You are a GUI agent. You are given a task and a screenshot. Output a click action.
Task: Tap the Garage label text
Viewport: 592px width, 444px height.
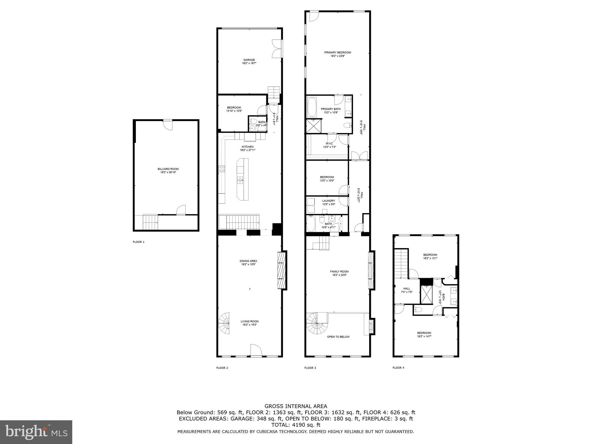pyautogui.click(x=249, y=61)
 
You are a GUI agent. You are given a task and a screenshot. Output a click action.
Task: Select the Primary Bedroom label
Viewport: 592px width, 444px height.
pyautogui.click(x=337, y=54)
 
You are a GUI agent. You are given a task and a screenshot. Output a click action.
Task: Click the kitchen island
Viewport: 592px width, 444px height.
pyautogui.click(x=242, y=179)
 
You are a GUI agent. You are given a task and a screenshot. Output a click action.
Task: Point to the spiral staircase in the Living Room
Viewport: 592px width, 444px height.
pyautogui.click(x=224, y=323)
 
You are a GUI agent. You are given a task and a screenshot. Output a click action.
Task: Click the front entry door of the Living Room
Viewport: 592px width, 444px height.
pyautogui.click(x=256, y=350)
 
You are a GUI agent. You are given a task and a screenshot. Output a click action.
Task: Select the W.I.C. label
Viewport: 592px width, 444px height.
pyautogui.click(x=329, y=145)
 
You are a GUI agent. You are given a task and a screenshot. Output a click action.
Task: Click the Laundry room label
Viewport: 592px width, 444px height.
pyautogui.click(x=328, y=202)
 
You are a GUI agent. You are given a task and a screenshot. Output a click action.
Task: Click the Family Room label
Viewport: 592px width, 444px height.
pyautogui.click(x=339, y=273)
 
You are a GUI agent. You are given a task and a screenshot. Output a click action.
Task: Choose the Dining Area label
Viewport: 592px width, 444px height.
pyautogui.click(x=248, y=262)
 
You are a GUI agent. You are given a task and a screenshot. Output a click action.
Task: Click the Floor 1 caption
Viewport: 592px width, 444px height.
pyautogui.click(x=138, y=242)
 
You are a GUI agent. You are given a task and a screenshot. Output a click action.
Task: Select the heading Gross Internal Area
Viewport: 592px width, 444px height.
pyautogui.click(x=296, y=406)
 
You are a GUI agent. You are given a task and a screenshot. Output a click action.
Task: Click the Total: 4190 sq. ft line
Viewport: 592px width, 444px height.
pyautogui.click(x=296, y=425)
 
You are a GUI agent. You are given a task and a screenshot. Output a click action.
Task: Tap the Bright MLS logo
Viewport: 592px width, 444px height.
pyautogui.click(x=36, y=432)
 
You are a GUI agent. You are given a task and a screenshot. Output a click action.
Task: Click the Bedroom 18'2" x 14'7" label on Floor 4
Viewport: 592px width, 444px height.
pyautogui.click(x=424, y=334)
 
